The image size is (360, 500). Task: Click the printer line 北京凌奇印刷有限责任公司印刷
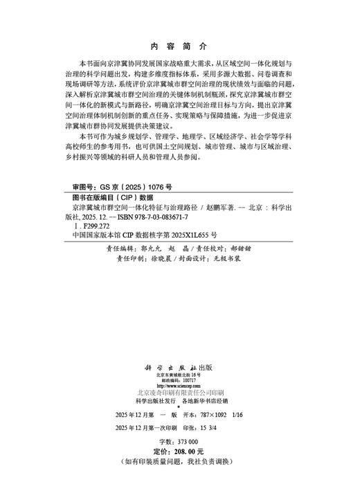tap(179, 393)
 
